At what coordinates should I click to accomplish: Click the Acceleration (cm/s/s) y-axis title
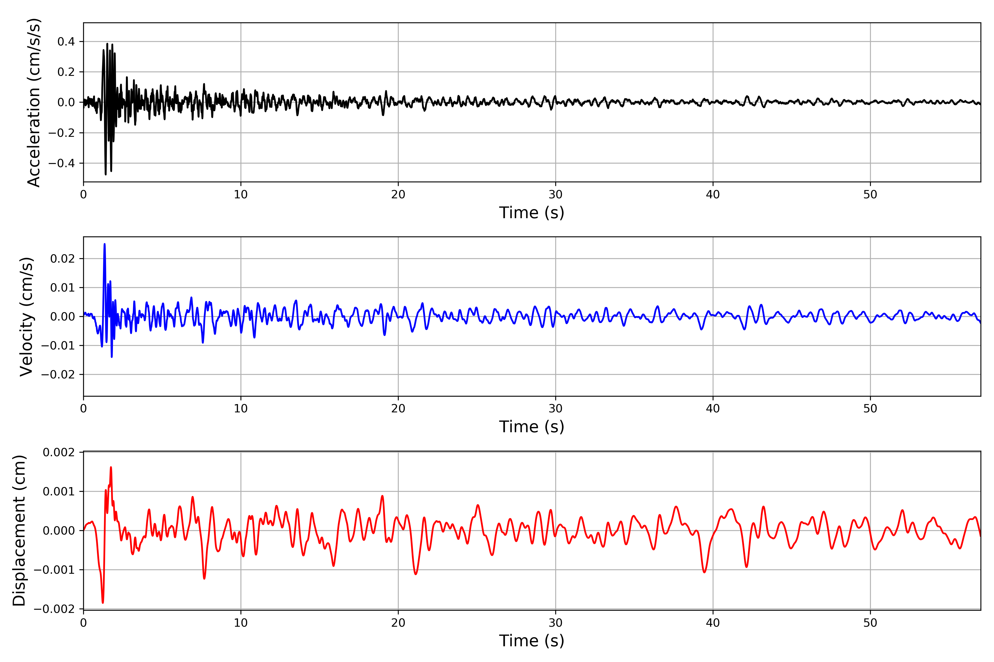tap(34, 103)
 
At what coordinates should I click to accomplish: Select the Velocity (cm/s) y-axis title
tap(27, 317)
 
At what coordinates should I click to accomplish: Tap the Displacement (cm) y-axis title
tap(19, 531)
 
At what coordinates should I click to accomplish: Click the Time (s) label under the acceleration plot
tap(532, 213)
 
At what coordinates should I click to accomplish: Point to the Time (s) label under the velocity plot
tap(532, 427)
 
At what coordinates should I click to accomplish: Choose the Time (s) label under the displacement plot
tap(532, 641)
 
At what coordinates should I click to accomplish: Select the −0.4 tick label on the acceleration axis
tap(62, 163)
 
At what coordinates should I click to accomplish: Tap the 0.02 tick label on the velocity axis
tap(63, 258)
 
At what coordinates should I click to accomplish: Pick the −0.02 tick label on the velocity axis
tap(58, 375)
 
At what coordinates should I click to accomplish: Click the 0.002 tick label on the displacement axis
tap(59, 453)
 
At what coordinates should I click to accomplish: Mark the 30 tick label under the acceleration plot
tap(555, 195)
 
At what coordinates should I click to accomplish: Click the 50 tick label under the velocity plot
tap(870, 409)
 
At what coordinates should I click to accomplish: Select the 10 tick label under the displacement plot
tap(241, 623)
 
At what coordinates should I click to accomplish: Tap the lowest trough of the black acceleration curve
tap(106, 174)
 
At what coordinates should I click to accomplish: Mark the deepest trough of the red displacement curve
tap(103, 602)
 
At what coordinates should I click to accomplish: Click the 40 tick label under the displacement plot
tap(713, 623)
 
